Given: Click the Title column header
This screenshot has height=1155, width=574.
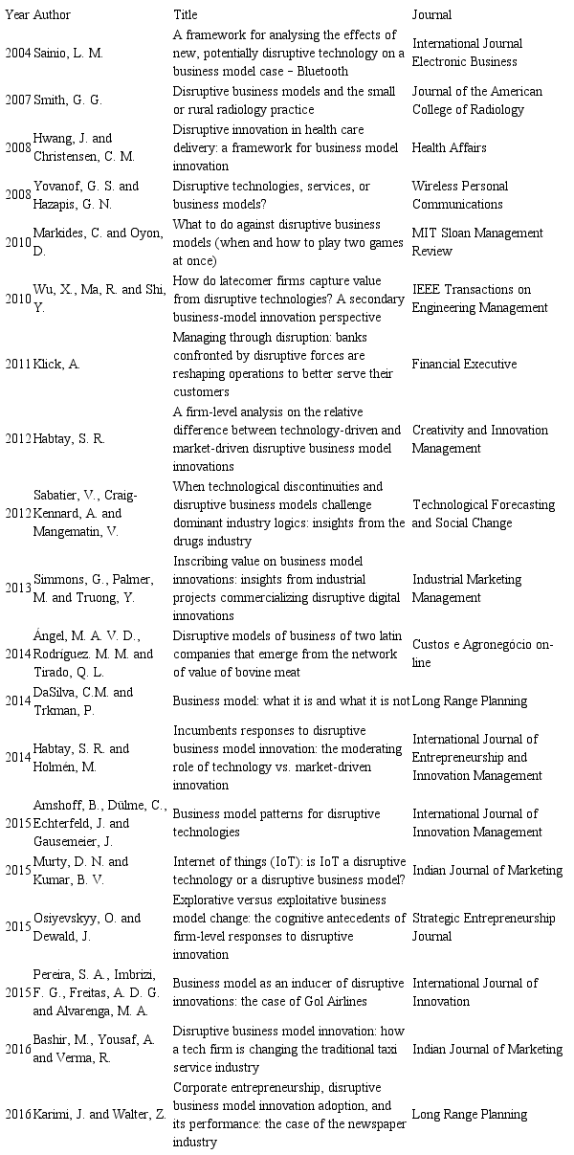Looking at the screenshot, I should (x=186, y=15).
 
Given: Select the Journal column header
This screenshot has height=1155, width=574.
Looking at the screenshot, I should (x=431, y=15).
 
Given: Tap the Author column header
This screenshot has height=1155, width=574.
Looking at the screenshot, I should (x=52, y=15).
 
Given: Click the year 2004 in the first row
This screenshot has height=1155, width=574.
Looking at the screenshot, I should (x=17, y=53).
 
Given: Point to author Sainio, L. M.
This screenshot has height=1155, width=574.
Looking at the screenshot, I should (x=68, y=53).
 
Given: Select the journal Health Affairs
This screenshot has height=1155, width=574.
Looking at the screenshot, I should (x=449, y=147).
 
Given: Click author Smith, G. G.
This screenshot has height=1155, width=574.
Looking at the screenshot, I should (x=68, y=100).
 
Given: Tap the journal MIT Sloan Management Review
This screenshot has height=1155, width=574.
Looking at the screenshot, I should (x=477, y=241).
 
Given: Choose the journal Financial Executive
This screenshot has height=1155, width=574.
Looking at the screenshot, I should (x=464, y=364).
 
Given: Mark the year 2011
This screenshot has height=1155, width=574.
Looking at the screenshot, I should (x=17, y=364).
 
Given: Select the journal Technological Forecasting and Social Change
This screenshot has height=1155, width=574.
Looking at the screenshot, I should (x=483, y=513).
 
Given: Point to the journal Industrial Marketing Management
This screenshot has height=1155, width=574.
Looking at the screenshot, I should (x=467, y=589).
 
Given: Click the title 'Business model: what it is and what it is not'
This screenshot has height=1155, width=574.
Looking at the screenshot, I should (x=291, y=700).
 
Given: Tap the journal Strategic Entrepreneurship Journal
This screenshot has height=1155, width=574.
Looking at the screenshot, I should (x=483, y=926).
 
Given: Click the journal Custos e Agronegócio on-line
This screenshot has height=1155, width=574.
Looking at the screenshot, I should (x=482, y=654).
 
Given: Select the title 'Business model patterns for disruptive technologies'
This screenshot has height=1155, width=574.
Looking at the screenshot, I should (x=263, y=823).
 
